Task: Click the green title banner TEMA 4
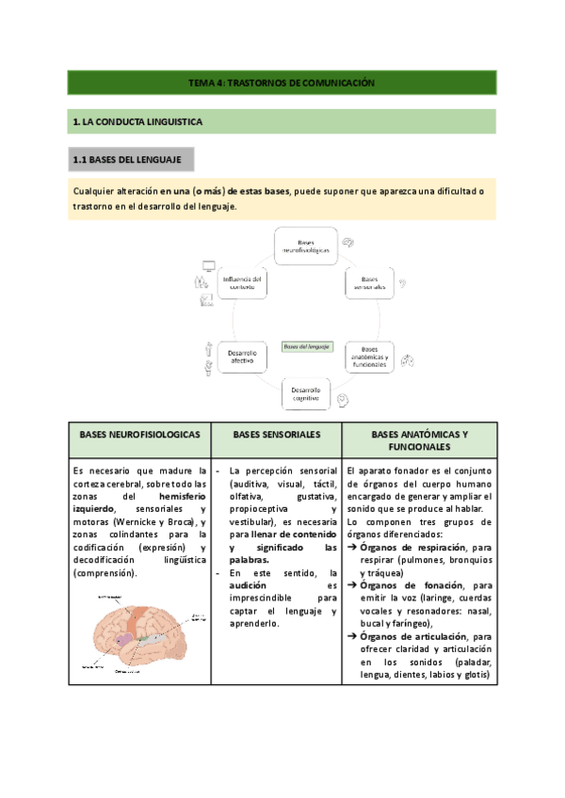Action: click(282, 83)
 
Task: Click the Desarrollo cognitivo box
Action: click(306, 393)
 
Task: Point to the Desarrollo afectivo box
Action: click(241, 356)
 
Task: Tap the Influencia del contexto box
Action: click(241, 283)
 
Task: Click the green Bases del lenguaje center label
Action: click(306, 346)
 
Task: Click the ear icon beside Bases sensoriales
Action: click(403, 282)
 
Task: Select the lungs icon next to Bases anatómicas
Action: click(408, 359)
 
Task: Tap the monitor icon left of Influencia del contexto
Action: click(208, 266)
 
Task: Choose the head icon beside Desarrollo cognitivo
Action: click(346, 400)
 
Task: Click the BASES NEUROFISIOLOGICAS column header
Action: click(138, 436)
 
